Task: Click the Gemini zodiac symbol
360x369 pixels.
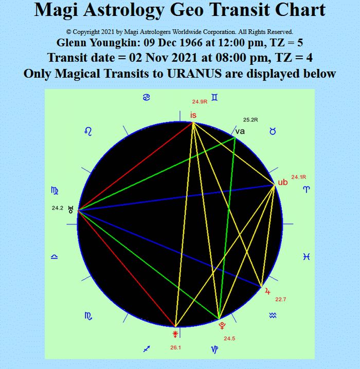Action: click(x=214, y=97)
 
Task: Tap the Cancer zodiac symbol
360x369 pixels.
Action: click(x=147, y=97)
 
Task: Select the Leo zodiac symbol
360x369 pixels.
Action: click(x=88, y=132)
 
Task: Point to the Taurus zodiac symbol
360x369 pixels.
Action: click(x=273, y=131)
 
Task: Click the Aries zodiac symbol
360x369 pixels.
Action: click(x=307, y=189)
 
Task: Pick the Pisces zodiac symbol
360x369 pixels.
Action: click(x=307, y=256)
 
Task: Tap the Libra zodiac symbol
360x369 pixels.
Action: click(x=55, y=256)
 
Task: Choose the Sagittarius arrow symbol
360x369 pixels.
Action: click(x=147, y=349)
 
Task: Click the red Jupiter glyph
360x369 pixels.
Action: click(x=267, y=291)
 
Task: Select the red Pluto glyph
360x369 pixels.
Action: click(x=222, y=326)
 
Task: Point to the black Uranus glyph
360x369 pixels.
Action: click(x=70, y=210)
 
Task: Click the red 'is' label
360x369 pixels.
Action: click(x=193, y=115)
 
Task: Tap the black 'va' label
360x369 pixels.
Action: click(x=240, y=132)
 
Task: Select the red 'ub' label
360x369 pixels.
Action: click(x=283, y=182)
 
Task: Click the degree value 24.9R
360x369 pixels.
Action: click(x=200, y=102)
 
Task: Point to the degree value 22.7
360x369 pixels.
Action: click(x=281, y=299)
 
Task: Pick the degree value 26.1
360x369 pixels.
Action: click(x=176, y=347)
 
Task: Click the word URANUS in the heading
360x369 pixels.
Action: click(x=194, y=73)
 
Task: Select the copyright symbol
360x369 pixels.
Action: click(x=68, y=32)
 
